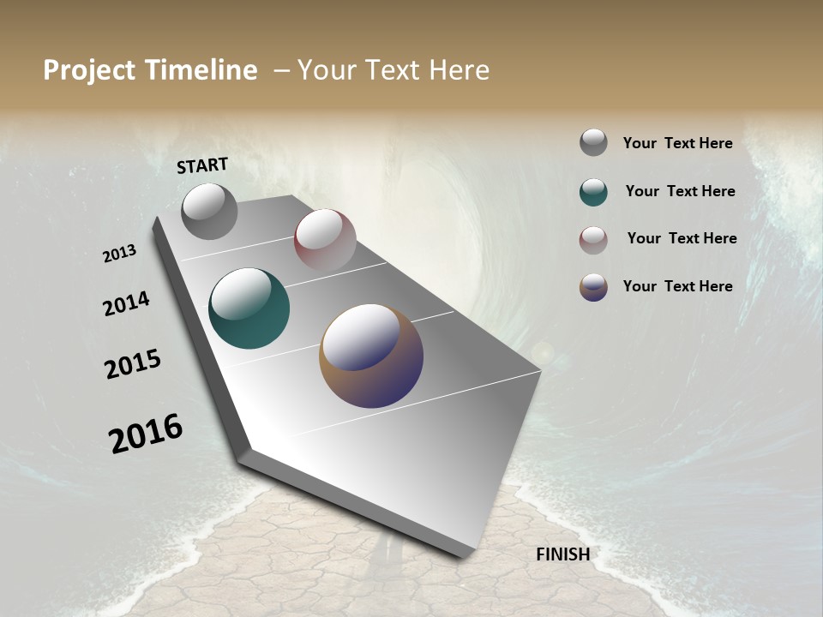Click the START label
202,165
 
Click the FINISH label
562,554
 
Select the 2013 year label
119,254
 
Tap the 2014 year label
126,303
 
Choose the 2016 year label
146,433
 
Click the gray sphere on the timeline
209,211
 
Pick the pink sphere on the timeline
325,240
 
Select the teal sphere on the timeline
249,308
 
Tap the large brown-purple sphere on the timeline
371,356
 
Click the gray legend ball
593,142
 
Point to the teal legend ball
593,192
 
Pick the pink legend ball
593,240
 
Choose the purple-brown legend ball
593,287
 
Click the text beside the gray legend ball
677,144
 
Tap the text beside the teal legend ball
680,191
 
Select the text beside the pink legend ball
682,238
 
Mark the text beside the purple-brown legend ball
677,286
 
